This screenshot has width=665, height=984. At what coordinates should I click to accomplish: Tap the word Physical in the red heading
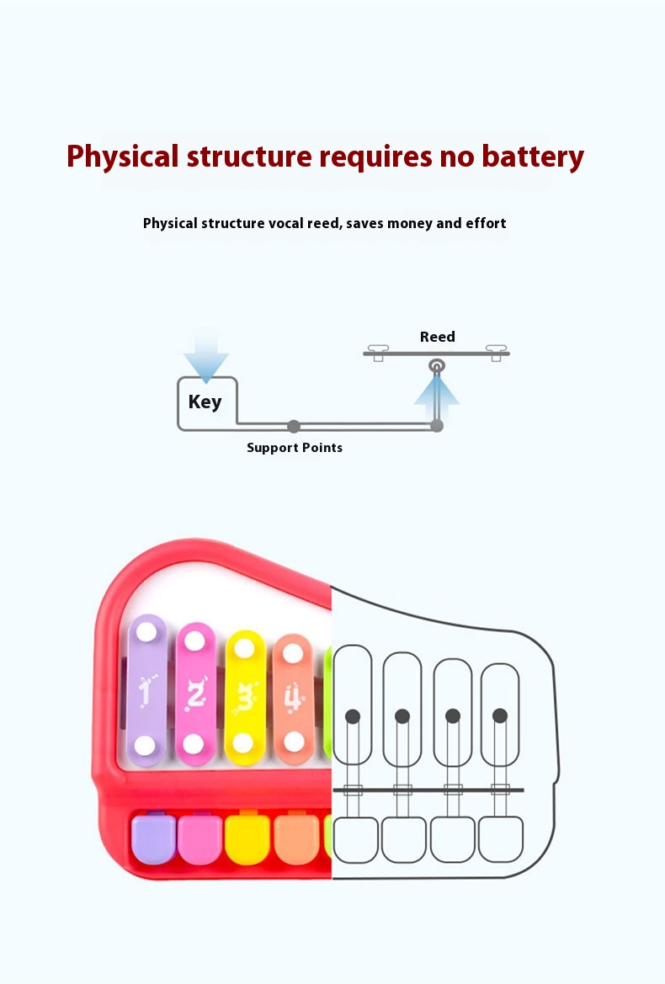123,157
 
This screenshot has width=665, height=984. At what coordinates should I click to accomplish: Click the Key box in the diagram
206,402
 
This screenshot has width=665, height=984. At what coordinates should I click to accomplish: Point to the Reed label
438,337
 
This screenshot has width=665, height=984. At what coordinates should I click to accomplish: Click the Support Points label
295,447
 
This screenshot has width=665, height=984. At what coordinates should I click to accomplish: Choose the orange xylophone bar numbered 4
293,697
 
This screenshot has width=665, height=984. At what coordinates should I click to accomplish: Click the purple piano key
152,838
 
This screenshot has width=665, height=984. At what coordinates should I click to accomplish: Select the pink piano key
199,838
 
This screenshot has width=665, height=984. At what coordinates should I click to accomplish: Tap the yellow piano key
247,838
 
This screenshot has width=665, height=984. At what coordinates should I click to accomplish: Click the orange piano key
296,838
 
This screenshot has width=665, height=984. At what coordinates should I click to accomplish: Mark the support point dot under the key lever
294,426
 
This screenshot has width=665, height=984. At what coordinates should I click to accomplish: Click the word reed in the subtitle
320,223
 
